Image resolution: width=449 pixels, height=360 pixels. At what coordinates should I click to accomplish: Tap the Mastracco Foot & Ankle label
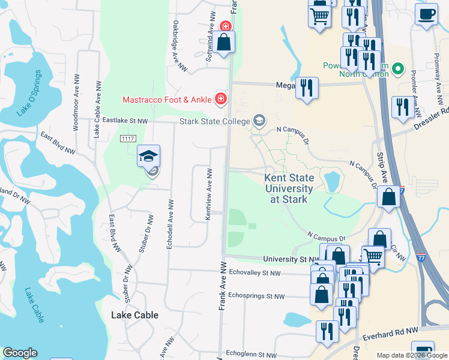pyautogui.click(x=167, y=100)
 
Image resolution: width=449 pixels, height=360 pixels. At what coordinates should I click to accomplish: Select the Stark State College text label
pyautogui.click(x=214, y=122)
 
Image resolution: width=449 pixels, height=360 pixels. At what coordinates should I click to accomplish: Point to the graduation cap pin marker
pyautogui.click(x=149, y=157)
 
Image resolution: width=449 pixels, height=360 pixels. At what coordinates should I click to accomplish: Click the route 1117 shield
pyautogui.click(x=127, y=139)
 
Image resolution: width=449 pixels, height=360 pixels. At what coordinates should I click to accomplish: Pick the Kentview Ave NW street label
pyautogui.click(x=209, y=193)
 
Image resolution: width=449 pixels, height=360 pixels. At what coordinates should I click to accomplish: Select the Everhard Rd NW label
pyautogui.click(x=395, y=331)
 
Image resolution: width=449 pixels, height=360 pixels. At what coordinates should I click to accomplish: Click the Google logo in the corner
pyautogui.click(x=20, y=353)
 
